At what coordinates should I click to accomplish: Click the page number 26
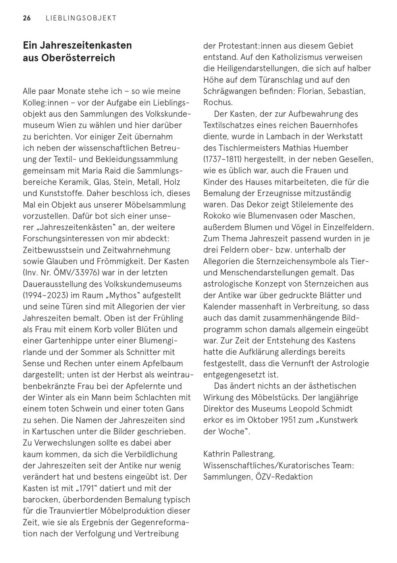(27, 18)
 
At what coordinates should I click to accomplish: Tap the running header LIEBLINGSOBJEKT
(81, 18)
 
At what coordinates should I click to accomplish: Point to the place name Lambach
(291, 136)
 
